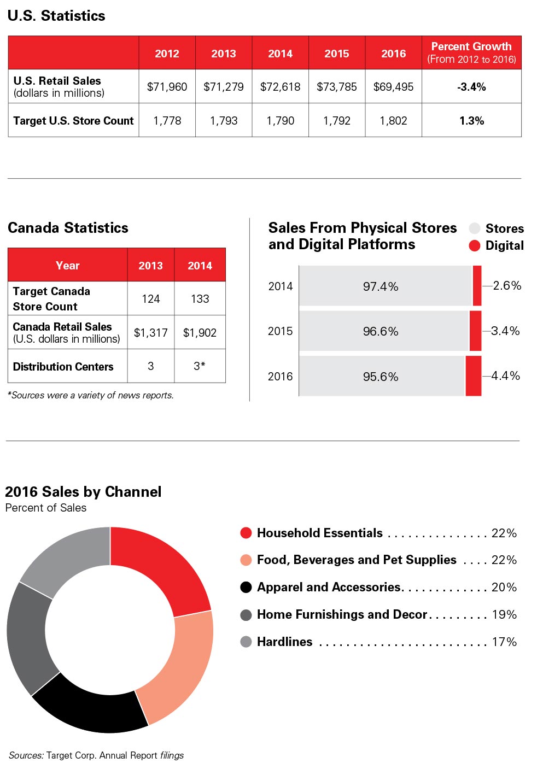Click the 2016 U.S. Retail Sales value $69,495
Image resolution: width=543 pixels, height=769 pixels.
tap(393, 87)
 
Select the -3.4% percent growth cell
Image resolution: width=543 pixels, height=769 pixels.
tap(471, 87)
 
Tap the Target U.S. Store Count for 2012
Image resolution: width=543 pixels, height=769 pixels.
tap(167, 121)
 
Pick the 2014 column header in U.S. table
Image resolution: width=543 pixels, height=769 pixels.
tap(280, 54)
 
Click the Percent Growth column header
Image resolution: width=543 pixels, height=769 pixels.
tap(471, 52)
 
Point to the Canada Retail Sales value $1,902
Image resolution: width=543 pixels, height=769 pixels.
tap(200, 333)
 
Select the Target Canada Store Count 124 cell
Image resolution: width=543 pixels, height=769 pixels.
tap(150, 299)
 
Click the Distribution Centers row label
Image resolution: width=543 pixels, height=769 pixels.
tap(63, 367)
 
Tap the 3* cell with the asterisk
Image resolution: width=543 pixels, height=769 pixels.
tap(200, 366)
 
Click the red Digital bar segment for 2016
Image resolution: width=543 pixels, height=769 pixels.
tap(473, 376)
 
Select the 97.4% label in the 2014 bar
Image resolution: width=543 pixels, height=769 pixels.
tap(381, 286)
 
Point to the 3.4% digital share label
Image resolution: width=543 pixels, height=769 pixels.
tap(505, 331)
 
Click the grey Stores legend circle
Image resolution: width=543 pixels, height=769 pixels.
tap(475, 228)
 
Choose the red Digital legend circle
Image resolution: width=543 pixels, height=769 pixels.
tap(475, 245)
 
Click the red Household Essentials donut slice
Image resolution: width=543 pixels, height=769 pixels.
tap(159, 568)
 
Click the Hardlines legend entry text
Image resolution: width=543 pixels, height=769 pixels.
tap(285, 642)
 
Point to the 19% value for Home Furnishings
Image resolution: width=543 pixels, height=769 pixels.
tap(504, 614)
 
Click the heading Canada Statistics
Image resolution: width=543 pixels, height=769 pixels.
tap(68, 228)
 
